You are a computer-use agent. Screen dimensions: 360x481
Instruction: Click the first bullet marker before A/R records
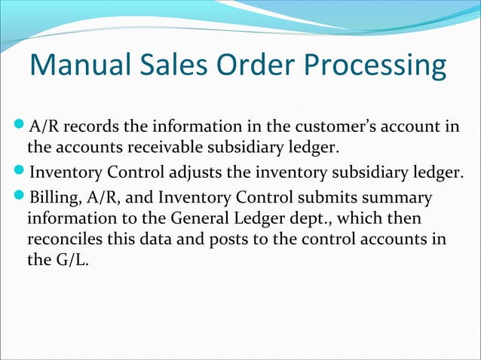click(x=20, y=124)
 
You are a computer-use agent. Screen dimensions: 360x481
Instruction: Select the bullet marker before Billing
click(x=20, y=198)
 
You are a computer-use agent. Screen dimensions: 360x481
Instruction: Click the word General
click(x=187, y=221)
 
